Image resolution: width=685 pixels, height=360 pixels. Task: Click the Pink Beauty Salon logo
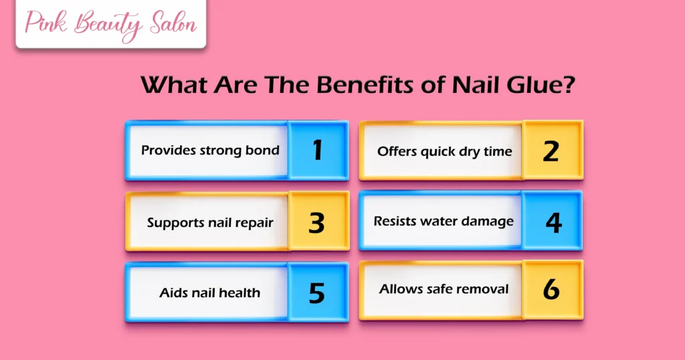tap(110, 25)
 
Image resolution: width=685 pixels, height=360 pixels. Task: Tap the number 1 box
tap(318, 151)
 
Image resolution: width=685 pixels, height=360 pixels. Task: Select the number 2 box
tap(551, 151)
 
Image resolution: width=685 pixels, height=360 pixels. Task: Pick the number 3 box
tap(317, 221)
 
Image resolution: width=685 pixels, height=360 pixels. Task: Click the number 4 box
tap(553, 221)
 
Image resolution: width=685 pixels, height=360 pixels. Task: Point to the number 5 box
tap(317, 292)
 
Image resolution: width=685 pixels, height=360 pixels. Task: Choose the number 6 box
tap(551, 290)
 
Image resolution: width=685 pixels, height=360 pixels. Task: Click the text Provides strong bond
tap(210, 150)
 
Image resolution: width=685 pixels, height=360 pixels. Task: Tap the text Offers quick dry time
tap(444, 151)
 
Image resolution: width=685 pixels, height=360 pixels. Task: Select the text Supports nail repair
tap(210, 222)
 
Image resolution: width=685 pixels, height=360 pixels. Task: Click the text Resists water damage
tap(444, 221)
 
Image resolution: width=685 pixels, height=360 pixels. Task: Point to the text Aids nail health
tap(210, 292)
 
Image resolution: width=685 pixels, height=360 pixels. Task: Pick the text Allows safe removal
tap(444, 289)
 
